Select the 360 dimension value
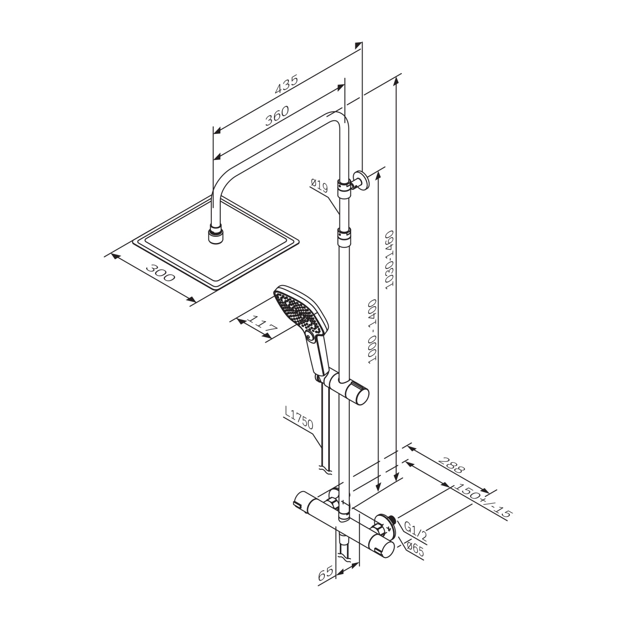click(x=277, y=116)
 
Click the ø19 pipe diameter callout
click(x=320, y=185)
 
